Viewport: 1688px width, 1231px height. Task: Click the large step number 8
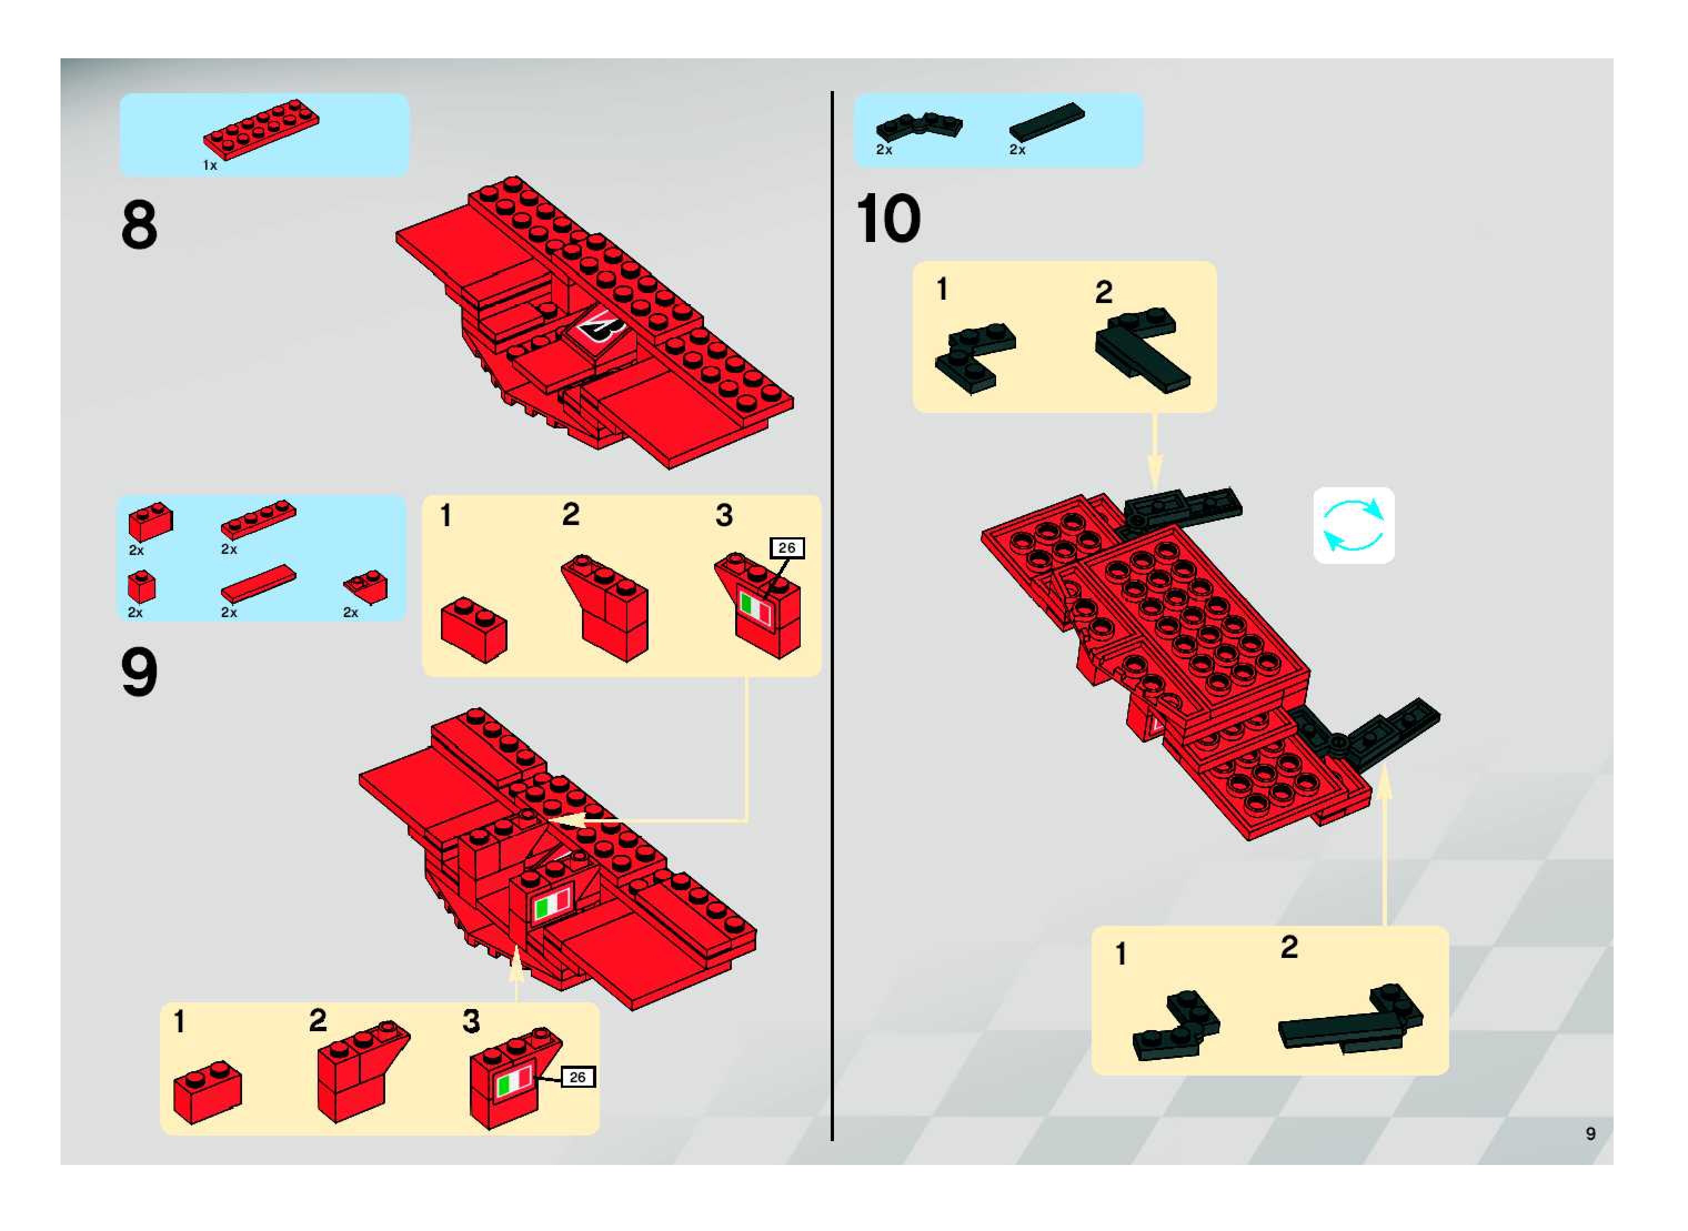click(x=139, y=224)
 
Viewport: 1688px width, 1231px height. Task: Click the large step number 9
click(x=139, y=672)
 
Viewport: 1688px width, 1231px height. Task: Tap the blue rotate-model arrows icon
click(x=1353, y=526)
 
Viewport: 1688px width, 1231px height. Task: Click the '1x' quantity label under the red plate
click(x=210, y=165)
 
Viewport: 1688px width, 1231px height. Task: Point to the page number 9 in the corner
click(x=1591, y=1133)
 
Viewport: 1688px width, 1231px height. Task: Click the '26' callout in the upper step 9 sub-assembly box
click(x=787, y=548)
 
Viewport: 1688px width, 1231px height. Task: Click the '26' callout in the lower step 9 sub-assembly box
click(x=578, y=1077)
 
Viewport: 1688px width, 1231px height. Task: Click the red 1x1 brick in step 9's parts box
click(x=142, y=587)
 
